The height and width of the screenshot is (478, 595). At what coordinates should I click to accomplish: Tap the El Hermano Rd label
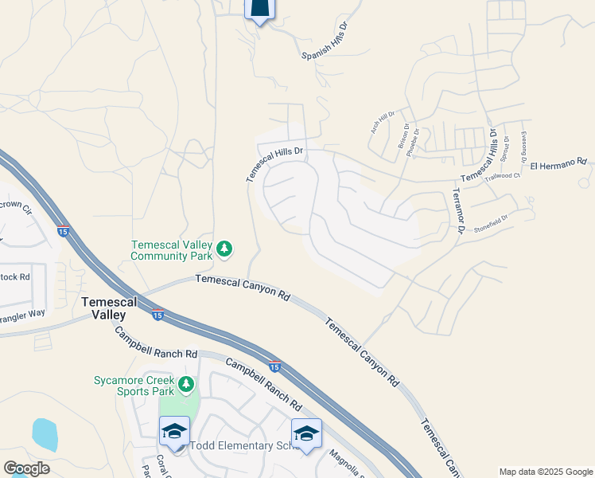(x=558, y=163)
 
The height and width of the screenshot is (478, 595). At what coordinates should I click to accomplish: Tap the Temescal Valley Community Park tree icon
(x=225, y=249)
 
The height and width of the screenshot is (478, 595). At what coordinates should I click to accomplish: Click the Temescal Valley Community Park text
(x=173, y=250)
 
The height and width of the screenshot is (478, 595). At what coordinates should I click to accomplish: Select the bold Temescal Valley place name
(x=110, y=308)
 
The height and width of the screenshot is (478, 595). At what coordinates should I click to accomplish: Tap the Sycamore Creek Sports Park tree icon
(x=186, y=386)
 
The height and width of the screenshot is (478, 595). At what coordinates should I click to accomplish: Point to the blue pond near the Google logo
(x=45, y=435)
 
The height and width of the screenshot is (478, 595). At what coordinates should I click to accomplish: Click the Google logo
(x=26, y=468)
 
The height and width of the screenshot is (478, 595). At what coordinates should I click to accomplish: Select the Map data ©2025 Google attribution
(x=546, y=472)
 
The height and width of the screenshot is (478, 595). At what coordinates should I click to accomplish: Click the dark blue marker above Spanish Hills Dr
(x=259, y=8)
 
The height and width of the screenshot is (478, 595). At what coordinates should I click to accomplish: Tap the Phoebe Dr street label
(x=411, y=140)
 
